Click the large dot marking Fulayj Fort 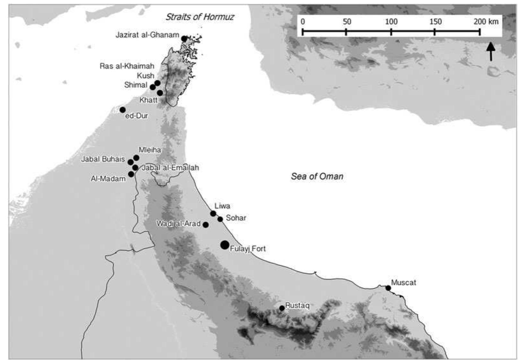tap(225, 245)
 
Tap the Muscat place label tap(403, 283)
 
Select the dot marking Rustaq tap(282, 308)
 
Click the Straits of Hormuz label tap(200, 17)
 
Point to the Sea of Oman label tap(317, 176)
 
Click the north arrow tap(490, 52)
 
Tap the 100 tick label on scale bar tap(391, 22)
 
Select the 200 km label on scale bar tap(486, 22)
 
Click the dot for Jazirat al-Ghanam tap(184, 39)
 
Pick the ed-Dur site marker tap(122, 110)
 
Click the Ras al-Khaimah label tap(127, 66)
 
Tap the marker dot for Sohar tap(220, 219)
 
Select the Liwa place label tap(222, 206)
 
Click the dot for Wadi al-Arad tap(206, 225)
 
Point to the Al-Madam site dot tap(131, 174)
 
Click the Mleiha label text tap(150, 150)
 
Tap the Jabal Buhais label tap(103, 159)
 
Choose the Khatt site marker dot tap(160, 93)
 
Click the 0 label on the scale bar tap(303, 22)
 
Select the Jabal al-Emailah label tap(170, 168)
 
